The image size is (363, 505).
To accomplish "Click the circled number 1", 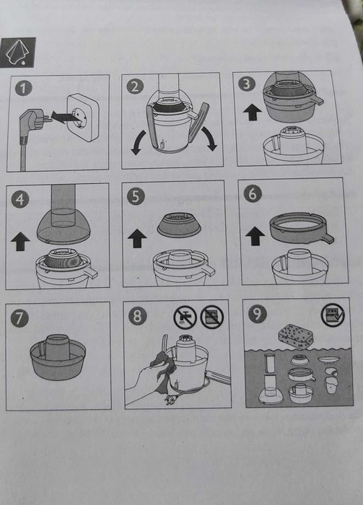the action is pyautogui.click(x=24, y=88).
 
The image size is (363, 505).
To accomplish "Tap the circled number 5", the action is pyautogui.click(x=136, y=196).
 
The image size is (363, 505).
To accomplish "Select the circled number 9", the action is pyautogui.click(x=258, y=313).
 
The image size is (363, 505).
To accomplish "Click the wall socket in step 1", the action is pyautogui.click(x=83, y=117).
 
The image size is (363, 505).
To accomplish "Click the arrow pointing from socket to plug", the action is pyautogui.click(x=64, y=117).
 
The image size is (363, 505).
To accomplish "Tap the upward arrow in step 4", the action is pyautogui.click(x=20, y=241).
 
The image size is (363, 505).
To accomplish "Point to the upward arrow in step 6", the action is pyautogui.click(x=255, y=236).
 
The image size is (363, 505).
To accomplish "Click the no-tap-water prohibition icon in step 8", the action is pyautogui.click(x=185, y=317).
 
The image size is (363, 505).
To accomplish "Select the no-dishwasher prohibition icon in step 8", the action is pyautogui.click(x=212, y=317).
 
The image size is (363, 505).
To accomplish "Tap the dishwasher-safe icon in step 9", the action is pyautogui.click(x=333, y=315).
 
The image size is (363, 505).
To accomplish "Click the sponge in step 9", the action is pyautogui.click(x=296, y=336).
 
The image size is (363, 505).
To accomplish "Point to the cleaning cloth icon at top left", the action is pyautogui.click(x=18, y=53).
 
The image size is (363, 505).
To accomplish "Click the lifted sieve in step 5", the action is pyautogui.click(x=179, y=224).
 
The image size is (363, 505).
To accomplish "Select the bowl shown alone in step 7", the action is pyautogui.click(x=58, y=357).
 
